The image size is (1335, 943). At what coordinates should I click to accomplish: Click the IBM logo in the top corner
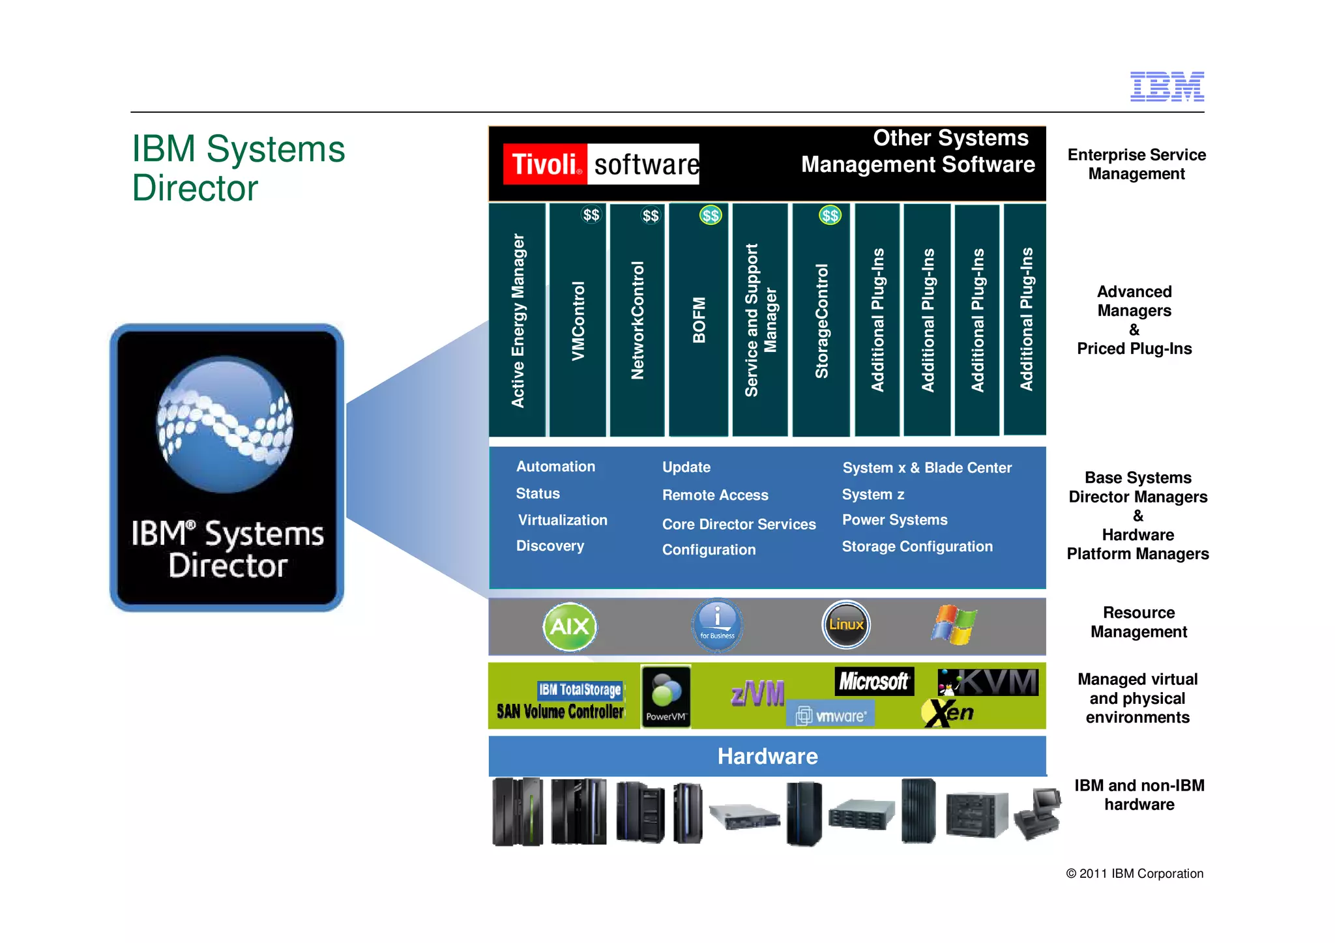pos(1167,87)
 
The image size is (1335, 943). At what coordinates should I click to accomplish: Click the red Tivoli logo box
pos(545,164)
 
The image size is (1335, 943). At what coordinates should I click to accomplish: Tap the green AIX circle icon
pos(570,627)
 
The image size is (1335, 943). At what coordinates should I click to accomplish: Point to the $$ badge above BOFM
pos(711,215)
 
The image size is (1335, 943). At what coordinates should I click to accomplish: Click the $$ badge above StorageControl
pos(830,215)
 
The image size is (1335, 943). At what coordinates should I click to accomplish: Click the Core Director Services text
pos(739,524)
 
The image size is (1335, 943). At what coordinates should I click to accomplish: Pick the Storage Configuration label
pos(917,547)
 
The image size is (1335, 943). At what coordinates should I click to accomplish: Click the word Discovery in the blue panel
pos(550,546)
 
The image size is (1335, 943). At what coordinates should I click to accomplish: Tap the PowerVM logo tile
pos(666,696)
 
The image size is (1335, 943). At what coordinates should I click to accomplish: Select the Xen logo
pos(948,713)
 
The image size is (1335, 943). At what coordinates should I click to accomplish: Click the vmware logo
pos(831,716)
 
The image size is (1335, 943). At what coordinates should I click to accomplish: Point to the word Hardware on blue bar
pos(767,757)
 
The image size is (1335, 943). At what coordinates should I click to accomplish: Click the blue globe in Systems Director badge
pos(225,424)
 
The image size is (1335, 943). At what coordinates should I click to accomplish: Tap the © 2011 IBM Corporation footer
pos(1134,874)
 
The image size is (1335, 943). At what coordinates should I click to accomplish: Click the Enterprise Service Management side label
pos(1136,164)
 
